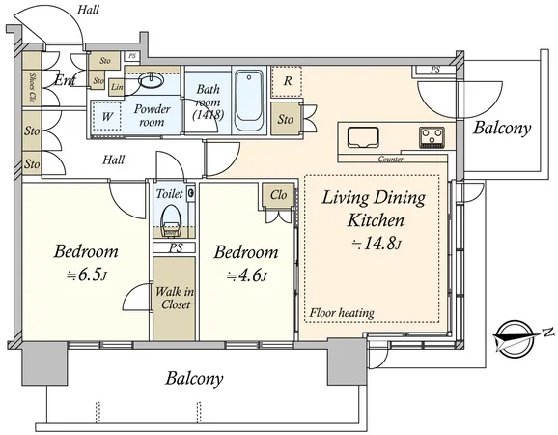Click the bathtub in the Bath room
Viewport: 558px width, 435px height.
(249, 101)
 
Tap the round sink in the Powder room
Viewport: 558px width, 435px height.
(152, 80)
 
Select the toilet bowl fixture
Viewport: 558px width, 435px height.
(172, 220)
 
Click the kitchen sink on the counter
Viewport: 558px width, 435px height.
(363, 137)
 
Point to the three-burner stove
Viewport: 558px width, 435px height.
(432, 137)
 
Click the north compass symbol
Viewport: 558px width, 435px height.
(517, 337)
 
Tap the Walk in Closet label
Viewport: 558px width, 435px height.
(175, 298)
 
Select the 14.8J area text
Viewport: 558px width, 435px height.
(377, 244)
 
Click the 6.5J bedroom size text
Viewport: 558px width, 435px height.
(86, 275)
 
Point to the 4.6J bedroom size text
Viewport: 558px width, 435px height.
(246, 275)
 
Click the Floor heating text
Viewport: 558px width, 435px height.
(342, 313)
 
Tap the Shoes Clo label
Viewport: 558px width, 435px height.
(32, 88)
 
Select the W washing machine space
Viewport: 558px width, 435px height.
(106, 117)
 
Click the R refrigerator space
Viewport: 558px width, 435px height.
(287, 81)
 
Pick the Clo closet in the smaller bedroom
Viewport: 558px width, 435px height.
(278, 195)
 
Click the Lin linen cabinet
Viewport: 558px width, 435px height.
(117, 87)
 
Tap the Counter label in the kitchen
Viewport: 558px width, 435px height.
(390, 159)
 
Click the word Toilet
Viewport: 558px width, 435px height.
(170, 194)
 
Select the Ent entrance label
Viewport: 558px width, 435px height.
(65, 80)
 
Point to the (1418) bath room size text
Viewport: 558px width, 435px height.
(208, 115)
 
